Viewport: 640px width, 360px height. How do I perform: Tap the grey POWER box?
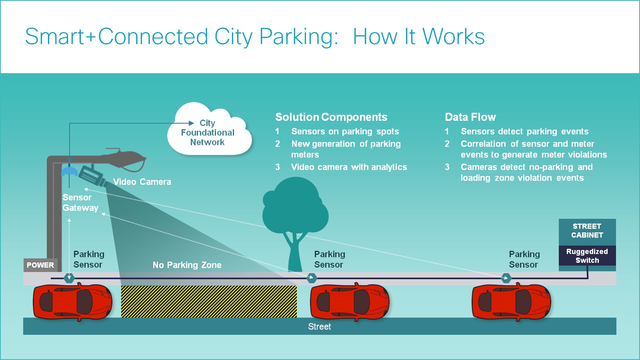[40, 265]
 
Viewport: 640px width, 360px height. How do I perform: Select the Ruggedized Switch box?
[587, 256]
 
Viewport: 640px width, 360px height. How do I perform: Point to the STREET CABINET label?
[587, 231]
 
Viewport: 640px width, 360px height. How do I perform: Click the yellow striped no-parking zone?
[209, 302]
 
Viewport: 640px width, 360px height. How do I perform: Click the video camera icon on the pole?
[91, 176]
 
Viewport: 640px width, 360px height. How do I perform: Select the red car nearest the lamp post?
[72, 302]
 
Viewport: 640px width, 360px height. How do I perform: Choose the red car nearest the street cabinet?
[511, 302]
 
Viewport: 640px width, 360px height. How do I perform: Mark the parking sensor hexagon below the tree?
[312, 278]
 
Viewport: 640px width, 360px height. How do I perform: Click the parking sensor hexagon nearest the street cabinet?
[506, 278]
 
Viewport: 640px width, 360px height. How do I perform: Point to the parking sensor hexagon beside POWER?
[69, 278]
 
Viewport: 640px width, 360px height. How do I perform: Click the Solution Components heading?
[331, 117]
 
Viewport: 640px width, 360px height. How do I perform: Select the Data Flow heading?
[470, 117]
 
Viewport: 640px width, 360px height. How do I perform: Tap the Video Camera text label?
[142, 182]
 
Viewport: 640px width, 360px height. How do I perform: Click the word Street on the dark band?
[319, 327]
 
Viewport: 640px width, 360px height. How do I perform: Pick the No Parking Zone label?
[187, 265]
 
